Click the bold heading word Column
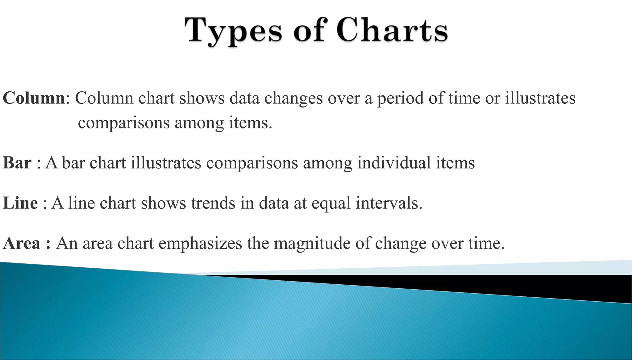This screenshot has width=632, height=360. click(x=34, y=98)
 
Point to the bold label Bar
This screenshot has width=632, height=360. click(x=17, y=163)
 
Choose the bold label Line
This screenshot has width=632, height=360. click(x=20, y=203)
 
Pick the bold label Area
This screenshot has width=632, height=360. click(x=22, y=243)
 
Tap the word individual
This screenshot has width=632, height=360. click(x=394, y=163)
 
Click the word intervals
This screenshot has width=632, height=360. click(x=389, y=203)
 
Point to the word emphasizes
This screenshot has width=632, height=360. click(x=200, y=244)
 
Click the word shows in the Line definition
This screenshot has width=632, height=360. click(x=164, y=203)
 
